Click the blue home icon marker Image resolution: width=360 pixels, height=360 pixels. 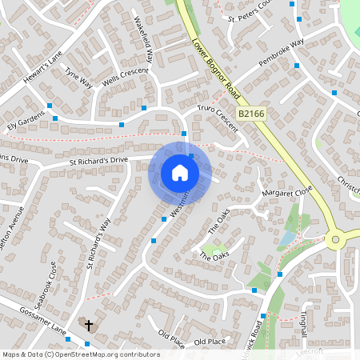(x=180, y=172)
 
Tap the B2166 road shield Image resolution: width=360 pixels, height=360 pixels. (x=252, y=114)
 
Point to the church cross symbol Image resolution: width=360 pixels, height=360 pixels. (x=89, y=326)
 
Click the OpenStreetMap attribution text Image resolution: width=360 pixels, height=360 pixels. (x=80, y=354)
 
